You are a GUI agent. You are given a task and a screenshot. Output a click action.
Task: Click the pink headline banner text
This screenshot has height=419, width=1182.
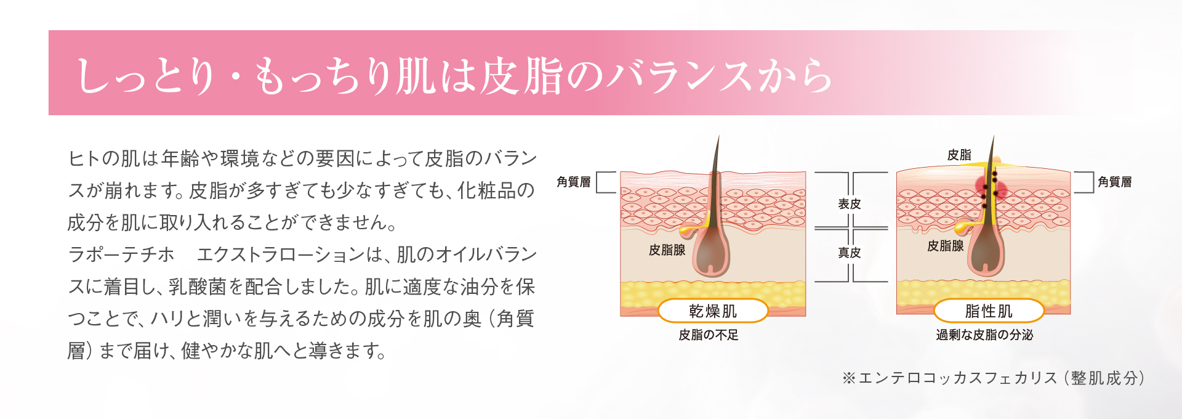coord(454,76)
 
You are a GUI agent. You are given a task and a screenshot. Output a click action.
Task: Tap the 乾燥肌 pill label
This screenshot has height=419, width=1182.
coord(713,311)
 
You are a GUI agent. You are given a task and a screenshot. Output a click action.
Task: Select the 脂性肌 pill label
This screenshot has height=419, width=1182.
coord(989,311)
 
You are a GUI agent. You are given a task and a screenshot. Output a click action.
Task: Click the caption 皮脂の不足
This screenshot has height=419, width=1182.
coord(709,335)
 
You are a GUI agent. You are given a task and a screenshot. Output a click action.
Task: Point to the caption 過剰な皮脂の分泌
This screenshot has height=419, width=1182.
coord(984,335)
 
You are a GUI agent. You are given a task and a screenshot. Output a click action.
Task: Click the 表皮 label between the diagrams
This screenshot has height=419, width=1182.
coord(850,204)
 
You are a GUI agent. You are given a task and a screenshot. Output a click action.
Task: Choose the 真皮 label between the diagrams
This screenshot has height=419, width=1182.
coord(850,253)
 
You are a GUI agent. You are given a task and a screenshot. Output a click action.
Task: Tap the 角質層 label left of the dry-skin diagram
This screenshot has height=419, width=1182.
coord(573,182)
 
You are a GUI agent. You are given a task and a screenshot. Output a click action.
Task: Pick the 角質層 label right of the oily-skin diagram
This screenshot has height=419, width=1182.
coord(1114,182)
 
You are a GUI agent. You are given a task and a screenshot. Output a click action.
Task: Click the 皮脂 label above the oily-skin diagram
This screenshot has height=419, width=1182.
coord(959,155)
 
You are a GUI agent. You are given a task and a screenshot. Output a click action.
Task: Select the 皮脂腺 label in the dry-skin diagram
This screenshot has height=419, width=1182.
coord(667,250)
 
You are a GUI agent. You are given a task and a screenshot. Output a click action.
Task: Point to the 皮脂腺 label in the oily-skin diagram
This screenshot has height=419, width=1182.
coord(946,246)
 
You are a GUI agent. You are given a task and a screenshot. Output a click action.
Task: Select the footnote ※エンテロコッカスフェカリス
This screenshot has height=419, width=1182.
coord(993,378)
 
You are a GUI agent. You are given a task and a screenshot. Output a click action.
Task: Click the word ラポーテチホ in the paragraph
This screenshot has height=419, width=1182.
coord(121,254)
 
